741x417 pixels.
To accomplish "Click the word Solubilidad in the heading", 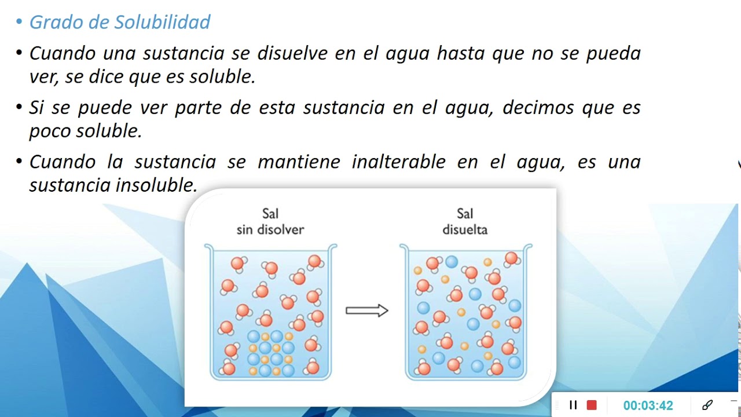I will (x=162, y=22).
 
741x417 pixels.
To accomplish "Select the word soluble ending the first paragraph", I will (x=222, y=77).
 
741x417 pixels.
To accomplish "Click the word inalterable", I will (x=398, y=162).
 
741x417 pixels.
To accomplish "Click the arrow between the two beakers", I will (x=366, y=311).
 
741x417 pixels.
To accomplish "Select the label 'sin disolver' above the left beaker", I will (x=270, y=230).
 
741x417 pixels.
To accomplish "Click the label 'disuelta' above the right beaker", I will (x=465, y=230).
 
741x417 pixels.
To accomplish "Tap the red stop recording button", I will (x=592, y=405).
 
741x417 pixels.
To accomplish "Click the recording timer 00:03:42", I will (x=648, y=405).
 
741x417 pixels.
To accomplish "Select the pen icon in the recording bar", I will (x=707, y=405).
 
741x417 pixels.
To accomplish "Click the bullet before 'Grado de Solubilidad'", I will (x=19, y=22).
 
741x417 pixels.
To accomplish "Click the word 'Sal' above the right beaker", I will (x=465, y=215).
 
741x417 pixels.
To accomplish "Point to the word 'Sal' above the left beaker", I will (x=270, y=215).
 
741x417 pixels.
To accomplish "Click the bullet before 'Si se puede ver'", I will (x=19, y=108).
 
